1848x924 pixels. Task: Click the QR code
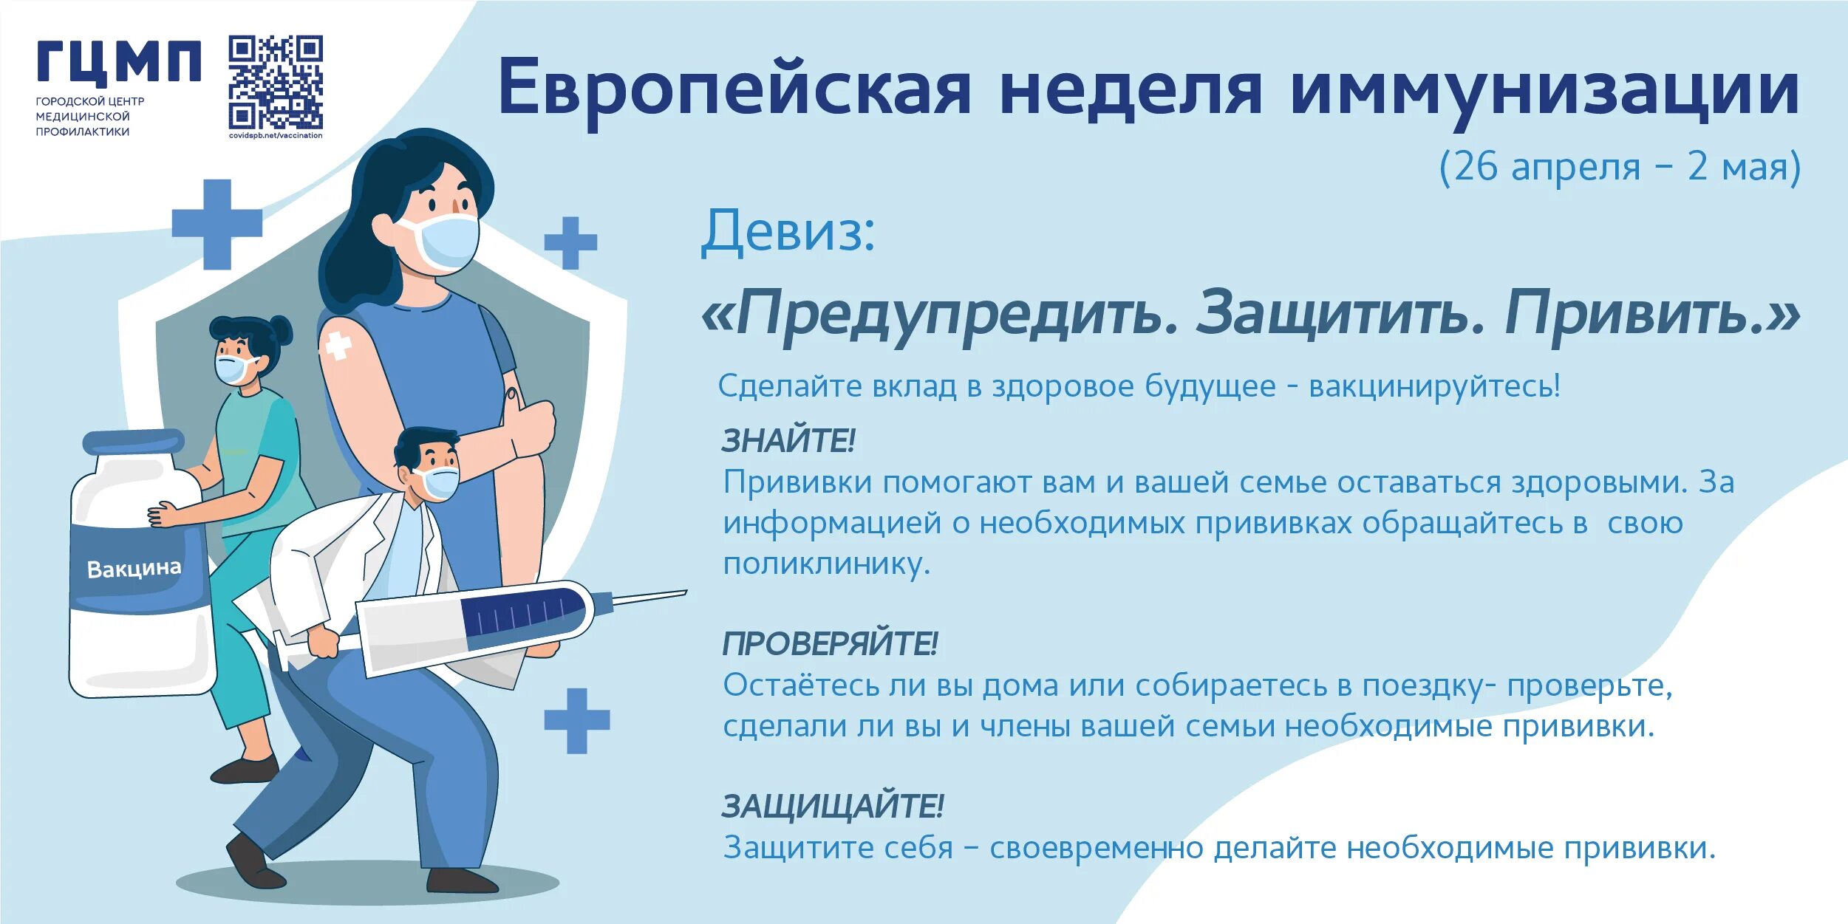(x=275, y=82)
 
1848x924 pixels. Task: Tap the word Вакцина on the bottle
(x=134, y=569)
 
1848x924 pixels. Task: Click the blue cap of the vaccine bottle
(x=133, y=442)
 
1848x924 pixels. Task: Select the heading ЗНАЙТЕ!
(x=788, y=441)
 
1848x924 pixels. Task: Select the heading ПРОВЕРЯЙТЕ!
(x=830, y=644)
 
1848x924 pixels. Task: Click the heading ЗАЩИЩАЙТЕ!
(x=833, y=807)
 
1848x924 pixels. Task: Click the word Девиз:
(x=788, y=232)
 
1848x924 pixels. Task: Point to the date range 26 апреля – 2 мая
(x=1620, y=167)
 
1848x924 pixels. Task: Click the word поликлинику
(x=826, y=564)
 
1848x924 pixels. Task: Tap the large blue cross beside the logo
(x=216, y=224)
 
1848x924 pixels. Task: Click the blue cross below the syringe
(x=576, y=721)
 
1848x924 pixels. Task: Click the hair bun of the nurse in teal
(x=281, y=329)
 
